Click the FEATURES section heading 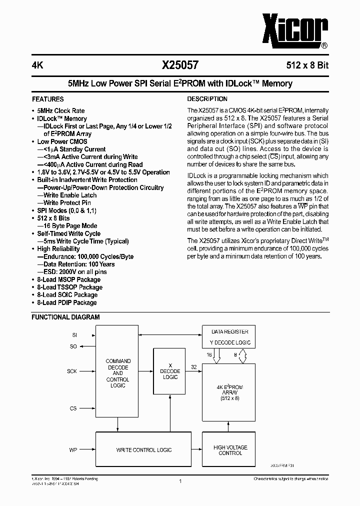coord(48,99)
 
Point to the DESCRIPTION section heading coord(207,99)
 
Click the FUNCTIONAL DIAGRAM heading coord(65,317)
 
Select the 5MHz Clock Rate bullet coord(60,110)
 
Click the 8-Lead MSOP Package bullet coord(68,279)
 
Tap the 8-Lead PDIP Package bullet coord(67,302)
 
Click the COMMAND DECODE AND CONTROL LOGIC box coord(118,373)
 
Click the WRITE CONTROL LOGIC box coord(143,450)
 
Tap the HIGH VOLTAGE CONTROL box coord(230,450)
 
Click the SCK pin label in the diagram coord(72,371)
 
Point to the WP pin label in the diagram coord(73,450)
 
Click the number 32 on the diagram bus coord(193,366)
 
